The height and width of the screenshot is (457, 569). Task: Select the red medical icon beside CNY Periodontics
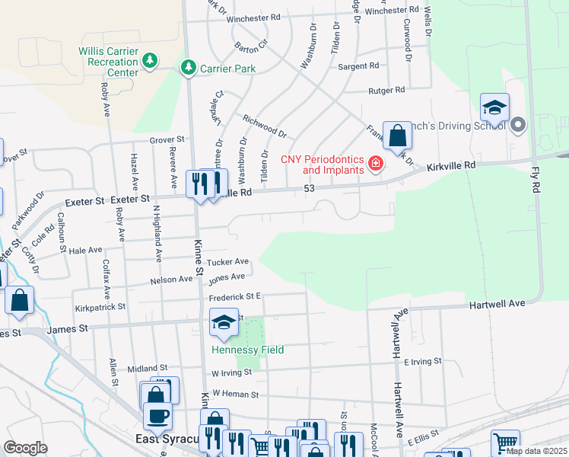click(375, 164)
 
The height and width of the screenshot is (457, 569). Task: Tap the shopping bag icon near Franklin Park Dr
click(397, 137)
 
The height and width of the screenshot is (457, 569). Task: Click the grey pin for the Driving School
click(519, 124)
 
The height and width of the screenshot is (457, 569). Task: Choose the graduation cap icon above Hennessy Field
click(224, 324)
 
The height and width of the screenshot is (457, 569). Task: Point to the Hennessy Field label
click(247, 350)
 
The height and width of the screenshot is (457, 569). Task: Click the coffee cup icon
click(157, 416)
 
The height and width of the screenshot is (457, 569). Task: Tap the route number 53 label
click(309, 188)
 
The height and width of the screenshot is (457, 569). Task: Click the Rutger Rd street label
click(386, 90)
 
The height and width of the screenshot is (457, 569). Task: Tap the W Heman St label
click(236, 395)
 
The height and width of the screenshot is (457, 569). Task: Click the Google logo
click(25, 448)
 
